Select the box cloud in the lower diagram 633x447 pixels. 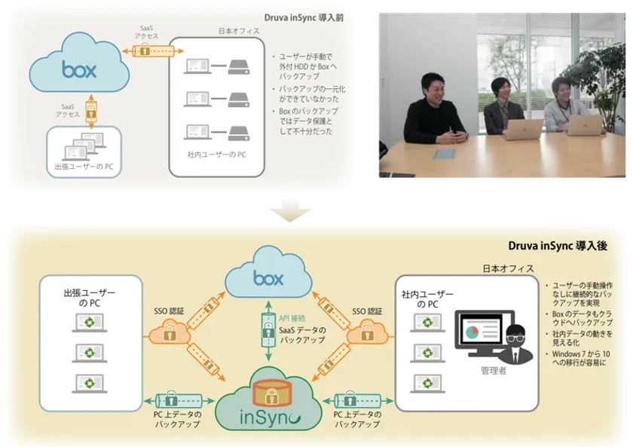coord(268,278)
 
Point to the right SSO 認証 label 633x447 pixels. coord(367,311)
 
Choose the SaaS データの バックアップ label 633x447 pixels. coord(302,335)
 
